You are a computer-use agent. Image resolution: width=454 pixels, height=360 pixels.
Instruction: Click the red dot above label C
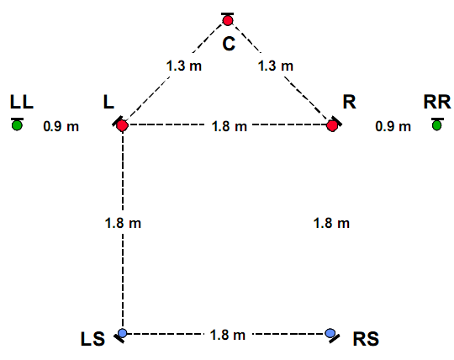point(228,20)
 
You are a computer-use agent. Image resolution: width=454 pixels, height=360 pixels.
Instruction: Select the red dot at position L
point(123,125)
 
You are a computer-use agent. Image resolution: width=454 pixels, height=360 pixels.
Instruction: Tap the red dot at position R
point(332,125)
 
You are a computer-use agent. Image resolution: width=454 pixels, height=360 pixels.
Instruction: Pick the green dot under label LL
point(17,125)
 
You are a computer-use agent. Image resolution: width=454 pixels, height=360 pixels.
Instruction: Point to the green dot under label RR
point(437,125)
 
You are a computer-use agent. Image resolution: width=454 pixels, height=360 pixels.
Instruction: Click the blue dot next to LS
point(123,333)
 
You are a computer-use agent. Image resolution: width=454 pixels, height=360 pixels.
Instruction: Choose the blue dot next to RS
point(330,333)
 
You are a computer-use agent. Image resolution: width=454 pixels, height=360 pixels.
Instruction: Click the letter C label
point(229,45)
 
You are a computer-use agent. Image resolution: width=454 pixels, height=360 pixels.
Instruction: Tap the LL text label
point(22,102)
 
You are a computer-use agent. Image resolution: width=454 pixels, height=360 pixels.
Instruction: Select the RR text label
point(437,102)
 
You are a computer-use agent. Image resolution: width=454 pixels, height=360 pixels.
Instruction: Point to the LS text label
point(92,339)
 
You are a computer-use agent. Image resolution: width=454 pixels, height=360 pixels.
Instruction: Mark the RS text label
point(366,339)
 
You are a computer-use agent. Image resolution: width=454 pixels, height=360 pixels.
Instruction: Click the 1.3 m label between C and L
point(184,66)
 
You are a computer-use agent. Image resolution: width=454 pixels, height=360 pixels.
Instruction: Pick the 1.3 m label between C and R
point(276,66)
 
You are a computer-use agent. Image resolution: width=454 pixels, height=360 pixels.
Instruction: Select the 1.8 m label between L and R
point(230,126)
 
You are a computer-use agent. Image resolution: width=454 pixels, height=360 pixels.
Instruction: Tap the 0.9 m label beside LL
point(61,126)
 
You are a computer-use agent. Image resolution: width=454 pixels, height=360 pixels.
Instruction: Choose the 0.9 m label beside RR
point(393,126)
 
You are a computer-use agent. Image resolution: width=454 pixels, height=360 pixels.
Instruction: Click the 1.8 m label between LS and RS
point(228,335)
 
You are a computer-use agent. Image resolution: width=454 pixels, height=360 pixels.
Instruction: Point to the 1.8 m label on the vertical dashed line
point(123,223)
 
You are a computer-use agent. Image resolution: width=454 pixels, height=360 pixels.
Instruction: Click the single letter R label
point(349,102)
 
